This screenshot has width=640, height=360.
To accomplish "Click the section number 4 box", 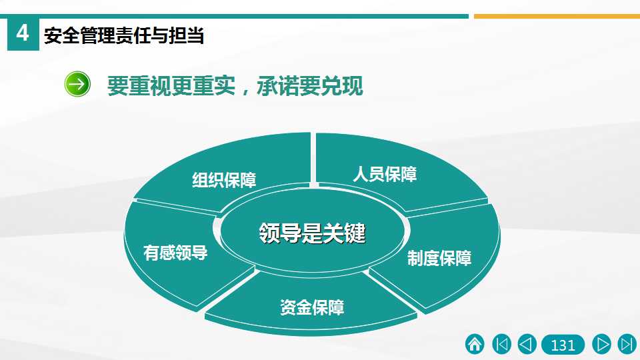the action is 23,33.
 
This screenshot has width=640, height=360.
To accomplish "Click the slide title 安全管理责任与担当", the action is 124,35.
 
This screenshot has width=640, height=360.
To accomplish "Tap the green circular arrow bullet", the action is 77,84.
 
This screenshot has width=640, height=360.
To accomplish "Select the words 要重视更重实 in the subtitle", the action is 171,86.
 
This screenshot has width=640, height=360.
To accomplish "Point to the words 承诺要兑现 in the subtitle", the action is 310,86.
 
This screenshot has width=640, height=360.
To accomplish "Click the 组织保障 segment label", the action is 224,180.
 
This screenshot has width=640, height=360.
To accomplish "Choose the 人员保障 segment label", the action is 385,174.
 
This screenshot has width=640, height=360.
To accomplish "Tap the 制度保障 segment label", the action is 439,258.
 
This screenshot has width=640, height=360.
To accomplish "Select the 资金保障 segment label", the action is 312,307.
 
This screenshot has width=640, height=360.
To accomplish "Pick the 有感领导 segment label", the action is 175,253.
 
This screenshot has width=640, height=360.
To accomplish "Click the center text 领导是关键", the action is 312,233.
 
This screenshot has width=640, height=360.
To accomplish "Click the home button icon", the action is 475,344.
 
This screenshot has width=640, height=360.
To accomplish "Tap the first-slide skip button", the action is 501,344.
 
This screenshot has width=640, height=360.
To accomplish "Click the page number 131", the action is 563,345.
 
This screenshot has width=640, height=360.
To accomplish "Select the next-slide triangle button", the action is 601,344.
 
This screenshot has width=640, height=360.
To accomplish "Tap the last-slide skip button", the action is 627,344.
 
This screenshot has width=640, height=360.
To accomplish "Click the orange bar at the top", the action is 557,16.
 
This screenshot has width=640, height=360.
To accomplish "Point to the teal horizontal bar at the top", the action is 234,16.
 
